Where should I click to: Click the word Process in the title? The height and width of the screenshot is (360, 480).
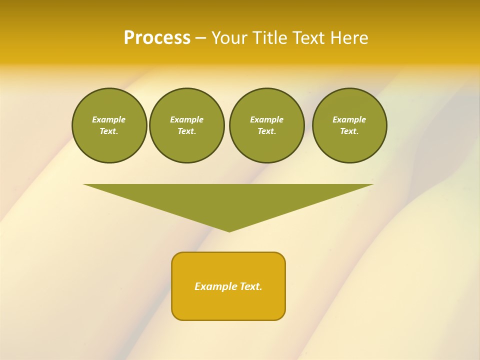[157, 38]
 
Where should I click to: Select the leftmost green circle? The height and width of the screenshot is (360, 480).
[109, 125]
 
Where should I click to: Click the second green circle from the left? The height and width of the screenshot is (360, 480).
[186, 125]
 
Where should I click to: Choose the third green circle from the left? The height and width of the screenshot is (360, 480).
[266, 125]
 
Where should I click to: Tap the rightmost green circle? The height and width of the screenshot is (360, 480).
[349, 125]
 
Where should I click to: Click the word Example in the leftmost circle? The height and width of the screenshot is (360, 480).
[109, 119]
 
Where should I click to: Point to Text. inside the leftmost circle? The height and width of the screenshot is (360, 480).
[109, 131]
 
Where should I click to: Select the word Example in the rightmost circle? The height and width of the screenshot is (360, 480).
[349, 119]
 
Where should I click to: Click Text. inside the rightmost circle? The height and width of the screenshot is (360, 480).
[349, 131]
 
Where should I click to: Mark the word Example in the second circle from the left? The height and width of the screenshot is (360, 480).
[186, 119]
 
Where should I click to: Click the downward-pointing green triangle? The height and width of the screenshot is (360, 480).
[228, 200]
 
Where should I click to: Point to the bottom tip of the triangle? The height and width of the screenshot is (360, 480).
[229, 230]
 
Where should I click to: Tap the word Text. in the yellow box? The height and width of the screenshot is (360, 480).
[250, 286]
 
